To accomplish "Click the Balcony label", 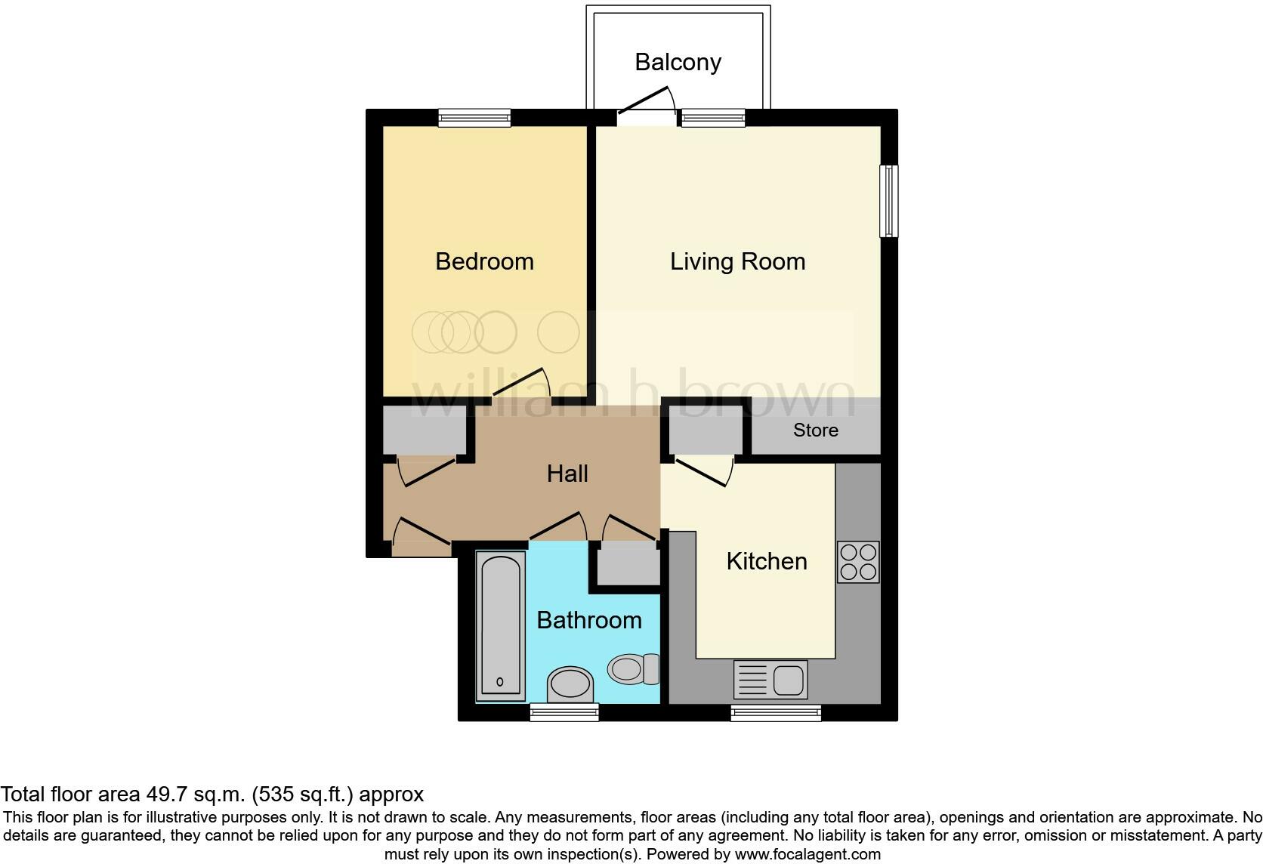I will point(678,62).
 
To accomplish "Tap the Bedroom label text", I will point(484,261).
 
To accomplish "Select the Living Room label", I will point(737,261).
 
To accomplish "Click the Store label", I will point(815,430).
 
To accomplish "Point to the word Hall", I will point(567,474).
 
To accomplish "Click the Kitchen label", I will point(766,561).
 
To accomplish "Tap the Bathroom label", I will point(588,620).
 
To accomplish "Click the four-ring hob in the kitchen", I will point(858,562).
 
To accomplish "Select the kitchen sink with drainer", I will point(770,679).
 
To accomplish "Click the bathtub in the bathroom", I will point(501,625).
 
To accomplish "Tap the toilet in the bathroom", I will point(634,668).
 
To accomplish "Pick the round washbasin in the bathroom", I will point(570,684).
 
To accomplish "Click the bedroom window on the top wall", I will point(474,118).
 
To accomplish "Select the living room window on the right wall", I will point(889,201).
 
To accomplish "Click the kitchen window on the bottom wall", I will point(776,712).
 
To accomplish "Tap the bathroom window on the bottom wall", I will point(564,712).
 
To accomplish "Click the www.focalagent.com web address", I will point(808,855).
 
